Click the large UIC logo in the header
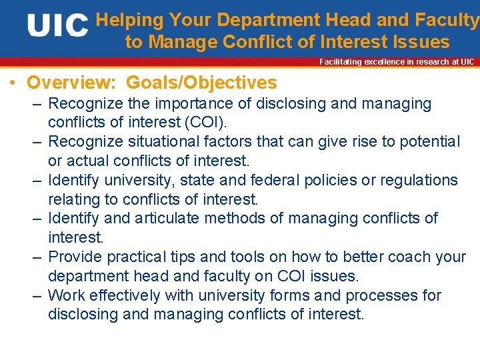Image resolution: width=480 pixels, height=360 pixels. (x=58, y=27)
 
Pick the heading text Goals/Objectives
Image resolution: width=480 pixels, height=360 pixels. (x=201, y=83)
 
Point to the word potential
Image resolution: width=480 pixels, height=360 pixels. (x=427, y=142)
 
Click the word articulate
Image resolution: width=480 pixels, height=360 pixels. (x=168, y=219)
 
